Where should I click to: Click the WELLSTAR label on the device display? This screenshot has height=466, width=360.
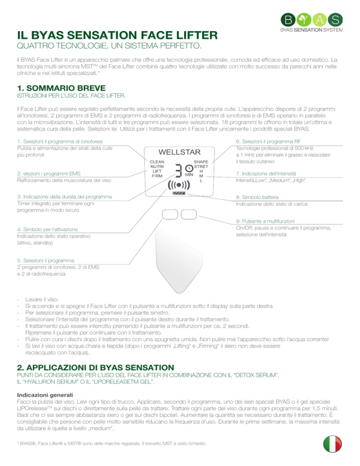[180, 152]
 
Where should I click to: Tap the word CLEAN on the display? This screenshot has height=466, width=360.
[157, 161]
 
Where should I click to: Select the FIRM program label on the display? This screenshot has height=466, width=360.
[157, 176]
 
